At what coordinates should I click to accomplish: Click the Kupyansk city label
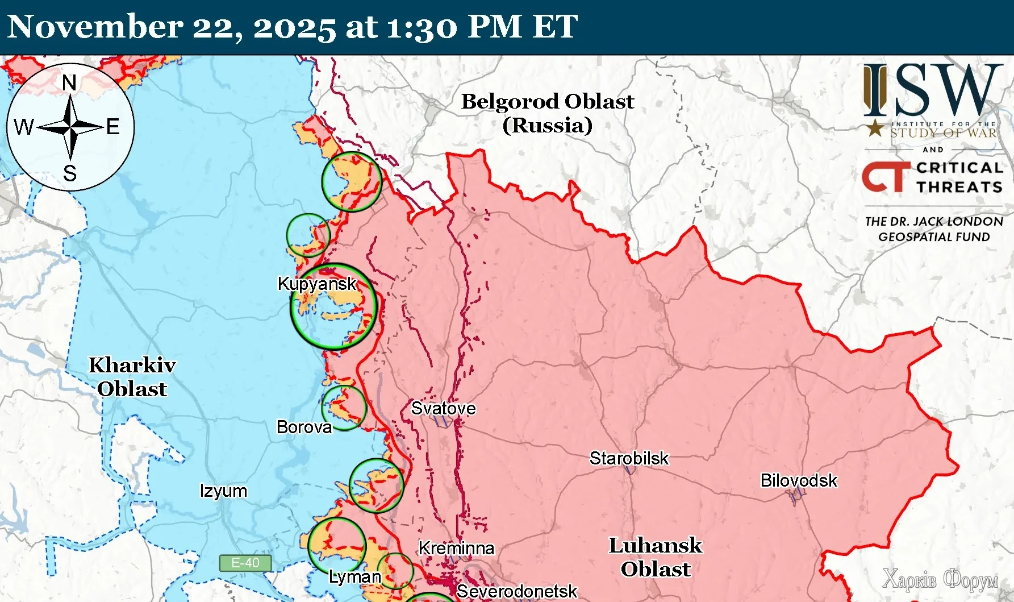click(317, 284)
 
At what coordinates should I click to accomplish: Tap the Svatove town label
click(443, 408)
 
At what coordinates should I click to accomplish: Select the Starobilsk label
click(629, 458)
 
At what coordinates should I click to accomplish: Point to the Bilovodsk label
click(798, 481)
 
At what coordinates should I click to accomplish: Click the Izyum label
click(223, 491)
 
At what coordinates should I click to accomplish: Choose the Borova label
click(304, 427)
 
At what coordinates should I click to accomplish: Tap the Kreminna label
click(456, 549)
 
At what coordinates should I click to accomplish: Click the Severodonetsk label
click(516, 592)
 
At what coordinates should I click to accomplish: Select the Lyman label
click(354, 577)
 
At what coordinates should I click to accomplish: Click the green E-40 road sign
click(245, 563)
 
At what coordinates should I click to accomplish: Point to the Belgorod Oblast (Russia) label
click(547, 113)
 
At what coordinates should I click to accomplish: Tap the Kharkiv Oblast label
click(132, 377)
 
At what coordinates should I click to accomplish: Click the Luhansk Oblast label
click(656, 557)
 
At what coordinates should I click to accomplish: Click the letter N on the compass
click(69, 84)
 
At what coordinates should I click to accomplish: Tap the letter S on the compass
click(70, 173)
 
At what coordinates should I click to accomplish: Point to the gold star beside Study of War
click(875, 128)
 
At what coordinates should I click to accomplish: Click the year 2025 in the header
click(294, 27)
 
